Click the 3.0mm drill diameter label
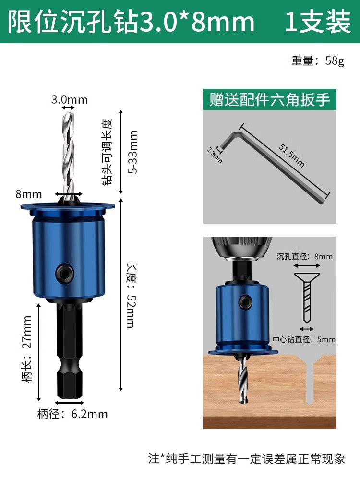pos(69,99)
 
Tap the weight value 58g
pos(335,60)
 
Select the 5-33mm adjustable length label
pos(133,152)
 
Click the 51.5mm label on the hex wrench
pos(291,155)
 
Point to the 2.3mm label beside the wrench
pos(214,155)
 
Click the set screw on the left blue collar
pos(65,272)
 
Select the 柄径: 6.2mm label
pos(72,414)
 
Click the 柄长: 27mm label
pos(27,349)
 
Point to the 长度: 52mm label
pos(132,295)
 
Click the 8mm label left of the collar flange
pos(28,194)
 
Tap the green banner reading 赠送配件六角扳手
pos(270,99)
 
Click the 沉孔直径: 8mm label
pos(304,256)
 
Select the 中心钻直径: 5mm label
pos(304,339)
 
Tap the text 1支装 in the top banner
pos(318,22)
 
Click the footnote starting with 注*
pos(247,458)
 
